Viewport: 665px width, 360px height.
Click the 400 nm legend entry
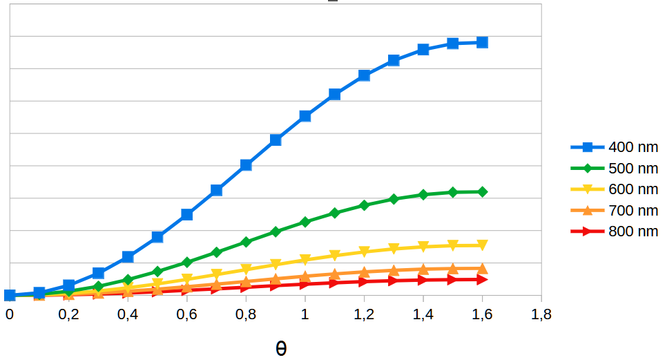[615, 147]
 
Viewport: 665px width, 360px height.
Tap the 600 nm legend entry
[615, 189]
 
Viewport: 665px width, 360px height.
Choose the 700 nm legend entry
[615, 210]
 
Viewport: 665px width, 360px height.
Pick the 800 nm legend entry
[615, 231]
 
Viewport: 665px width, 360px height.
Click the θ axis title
[281, 348]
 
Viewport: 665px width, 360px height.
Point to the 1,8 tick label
[541, 314]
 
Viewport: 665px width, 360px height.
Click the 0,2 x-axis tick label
[68, 314]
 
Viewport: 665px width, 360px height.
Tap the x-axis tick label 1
[305, 314]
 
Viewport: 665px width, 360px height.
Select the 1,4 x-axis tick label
[423, 314]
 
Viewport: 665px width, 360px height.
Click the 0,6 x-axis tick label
[186, 314]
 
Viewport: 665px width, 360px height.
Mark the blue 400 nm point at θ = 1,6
[482, 42]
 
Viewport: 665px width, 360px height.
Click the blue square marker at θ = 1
[305, 116]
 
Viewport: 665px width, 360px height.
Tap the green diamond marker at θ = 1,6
[482, 192]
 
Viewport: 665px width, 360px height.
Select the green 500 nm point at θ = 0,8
[246, 242]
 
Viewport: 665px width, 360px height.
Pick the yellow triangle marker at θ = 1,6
[482, 245]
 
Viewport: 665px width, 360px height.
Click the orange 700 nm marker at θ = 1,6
[482, 268]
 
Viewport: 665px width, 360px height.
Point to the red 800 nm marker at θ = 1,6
[482, 279]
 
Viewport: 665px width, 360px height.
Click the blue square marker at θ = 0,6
[187, 215]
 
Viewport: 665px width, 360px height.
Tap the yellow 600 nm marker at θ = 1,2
[364, 252]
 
